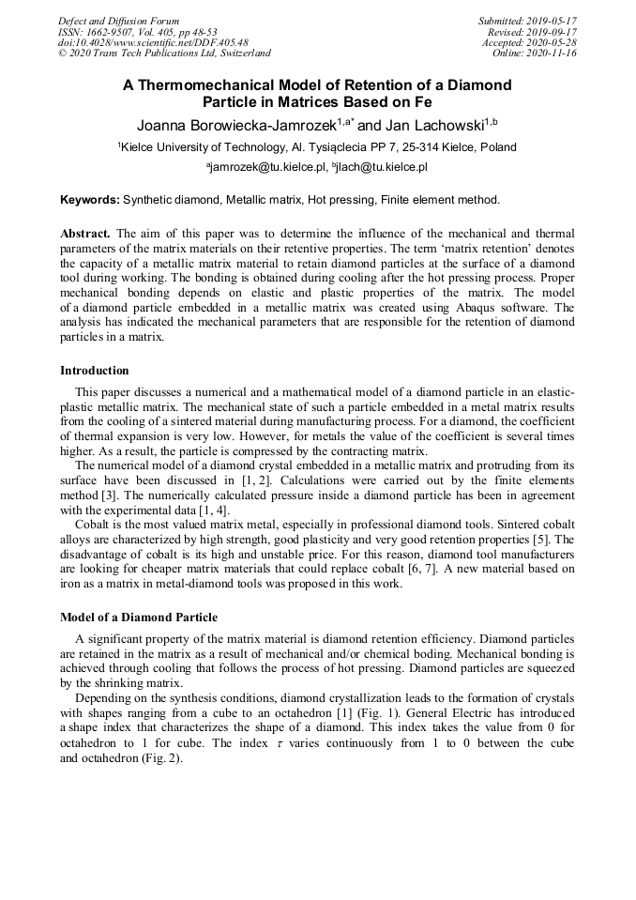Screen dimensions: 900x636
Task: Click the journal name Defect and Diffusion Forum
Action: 118,21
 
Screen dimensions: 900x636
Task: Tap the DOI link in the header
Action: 153,42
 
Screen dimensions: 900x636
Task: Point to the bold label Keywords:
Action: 90,200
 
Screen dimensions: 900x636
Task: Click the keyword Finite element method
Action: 443,200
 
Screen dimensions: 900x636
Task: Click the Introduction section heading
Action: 95,371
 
